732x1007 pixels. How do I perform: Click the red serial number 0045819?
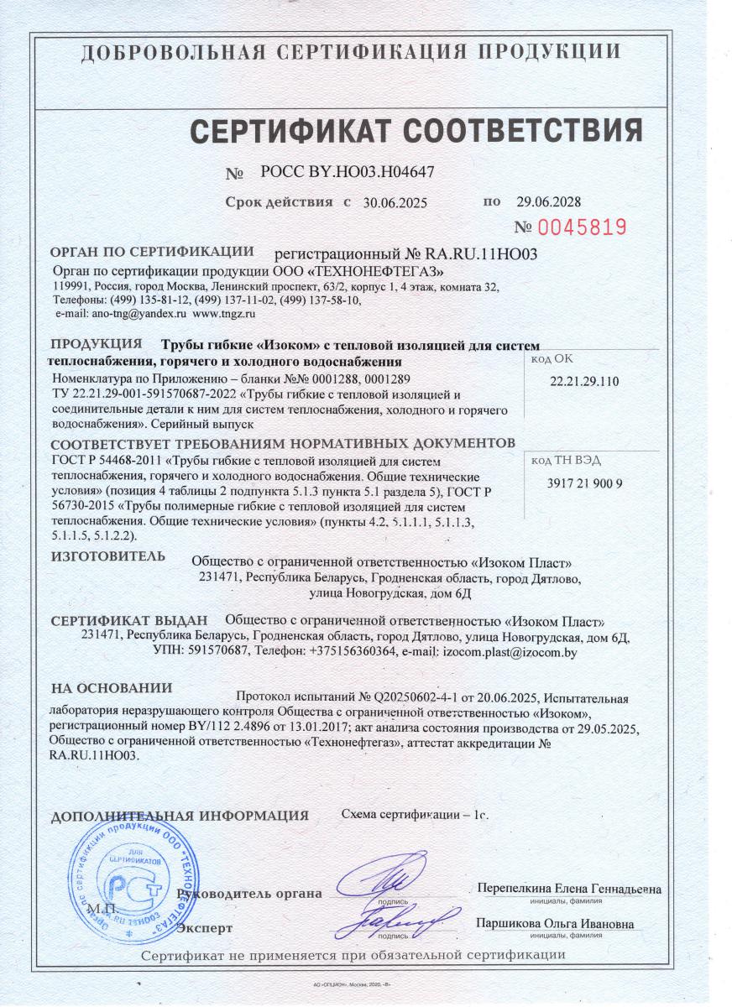point(583,227)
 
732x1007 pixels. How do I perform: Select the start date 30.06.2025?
point(395,202)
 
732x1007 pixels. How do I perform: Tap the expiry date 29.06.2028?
point(548,202)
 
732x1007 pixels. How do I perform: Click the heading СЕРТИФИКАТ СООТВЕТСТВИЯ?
point(416,131)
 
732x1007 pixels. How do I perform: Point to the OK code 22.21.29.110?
point(584,381)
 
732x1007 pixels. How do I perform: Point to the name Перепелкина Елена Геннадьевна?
point(568,890)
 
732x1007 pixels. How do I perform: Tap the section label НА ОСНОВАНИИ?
point(112,688)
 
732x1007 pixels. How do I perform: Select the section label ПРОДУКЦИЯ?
point(96,343)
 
